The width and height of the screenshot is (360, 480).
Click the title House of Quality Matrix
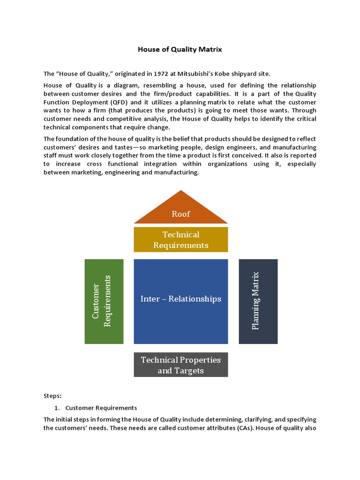coord(180,49)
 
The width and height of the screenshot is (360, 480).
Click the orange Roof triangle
coord(181,209)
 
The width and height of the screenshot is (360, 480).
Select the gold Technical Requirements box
coord(181,240)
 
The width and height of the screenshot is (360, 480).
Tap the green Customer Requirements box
coord(104,301)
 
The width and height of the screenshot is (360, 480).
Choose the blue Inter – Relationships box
coord(181,301)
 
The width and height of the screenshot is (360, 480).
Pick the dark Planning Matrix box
coord(258,301)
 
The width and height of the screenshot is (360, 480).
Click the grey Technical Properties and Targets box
coord(181,365)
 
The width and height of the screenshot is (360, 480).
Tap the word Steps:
coord(52,396)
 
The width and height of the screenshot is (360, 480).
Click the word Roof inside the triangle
coord(181,214)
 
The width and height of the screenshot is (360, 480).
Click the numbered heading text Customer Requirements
coord(101,408)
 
